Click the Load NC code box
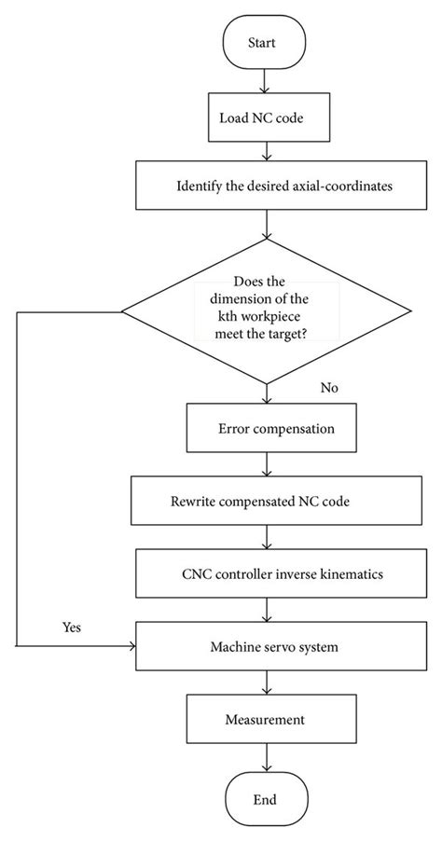[268, 118]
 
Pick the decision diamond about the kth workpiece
[268, 312]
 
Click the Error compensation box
[268, 429]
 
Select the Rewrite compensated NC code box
[268, 501]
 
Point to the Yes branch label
[71, 627]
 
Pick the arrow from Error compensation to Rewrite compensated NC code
[268, 464]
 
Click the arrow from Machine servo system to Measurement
[268, 682]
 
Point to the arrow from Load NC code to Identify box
[268, 151]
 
